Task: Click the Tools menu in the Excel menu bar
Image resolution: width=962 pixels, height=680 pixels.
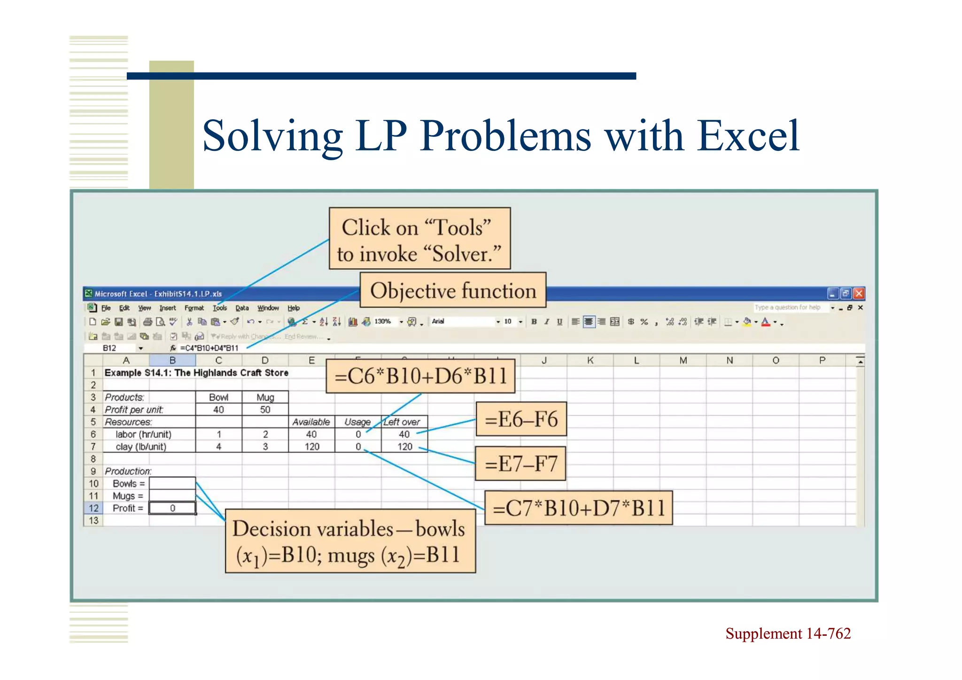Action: [219, 308]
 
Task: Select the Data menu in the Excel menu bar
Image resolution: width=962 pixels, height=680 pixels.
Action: [242, 308]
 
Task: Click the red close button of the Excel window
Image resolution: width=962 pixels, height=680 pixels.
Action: [859, 294]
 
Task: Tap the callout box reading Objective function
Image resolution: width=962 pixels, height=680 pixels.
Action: [453, 291]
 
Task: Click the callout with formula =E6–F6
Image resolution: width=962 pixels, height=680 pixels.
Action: [521, 419]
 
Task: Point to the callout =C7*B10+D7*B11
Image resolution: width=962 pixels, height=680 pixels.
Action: [578, 508]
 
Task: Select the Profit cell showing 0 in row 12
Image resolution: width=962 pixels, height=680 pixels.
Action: [172, 508]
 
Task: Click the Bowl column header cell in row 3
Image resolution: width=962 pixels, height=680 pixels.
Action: [218, 398]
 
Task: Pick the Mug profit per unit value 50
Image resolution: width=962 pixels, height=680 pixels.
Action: [265, 410]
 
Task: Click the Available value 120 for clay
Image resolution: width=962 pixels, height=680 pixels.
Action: [311, 447]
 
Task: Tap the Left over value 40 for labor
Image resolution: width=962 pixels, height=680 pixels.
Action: [404, 435]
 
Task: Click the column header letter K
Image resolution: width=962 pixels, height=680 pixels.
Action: [590, 360]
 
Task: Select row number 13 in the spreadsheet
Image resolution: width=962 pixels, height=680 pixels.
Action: [93, 521]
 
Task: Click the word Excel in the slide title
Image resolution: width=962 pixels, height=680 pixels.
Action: [748, 136]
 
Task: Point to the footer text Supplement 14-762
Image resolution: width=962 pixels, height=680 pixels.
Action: [788, 634]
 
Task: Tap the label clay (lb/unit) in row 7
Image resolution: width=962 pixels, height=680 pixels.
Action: [141, 447]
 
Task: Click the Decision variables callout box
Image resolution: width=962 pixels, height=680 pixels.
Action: [350, 541]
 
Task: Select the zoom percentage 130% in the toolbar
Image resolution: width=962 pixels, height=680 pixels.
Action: [382, 321]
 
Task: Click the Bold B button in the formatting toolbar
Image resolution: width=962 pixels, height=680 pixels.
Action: [534, 322]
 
